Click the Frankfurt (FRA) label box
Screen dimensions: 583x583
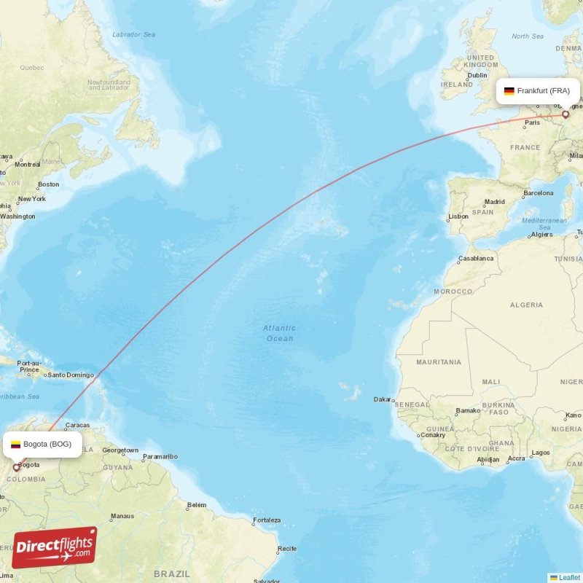pos(538,91)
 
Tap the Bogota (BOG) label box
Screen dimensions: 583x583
pos(42,444)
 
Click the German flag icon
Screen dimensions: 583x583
pos(509,91)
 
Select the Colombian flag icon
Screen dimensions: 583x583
pos(15,444)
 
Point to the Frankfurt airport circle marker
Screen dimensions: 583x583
pos(566,114)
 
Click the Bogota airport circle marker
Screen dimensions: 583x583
pos(16,467)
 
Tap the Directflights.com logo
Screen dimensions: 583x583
pos(55,547)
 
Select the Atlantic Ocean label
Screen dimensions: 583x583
pos(279,333)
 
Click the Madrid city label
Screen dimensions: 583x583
pos(495,202)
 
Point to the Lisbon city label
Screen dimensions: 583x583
pos(458,216)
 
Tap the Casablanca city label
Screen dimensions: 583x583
pos(476,258)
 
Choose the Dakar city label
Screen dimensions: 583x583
pos(382,399)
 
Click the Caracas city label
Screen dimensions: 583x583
pos(77,425)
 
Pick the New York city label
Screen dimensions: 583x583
pos(31,199)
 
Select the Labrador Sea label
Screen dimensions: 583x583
pos(134,34)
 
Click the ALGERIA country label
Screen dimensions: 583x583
pos(526,305)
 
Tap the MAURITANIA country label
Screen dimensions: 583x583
pos(439,361)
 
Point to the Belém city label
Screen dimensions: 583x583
pos(197,505)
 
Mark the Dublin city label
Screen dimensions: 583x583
pos(477,75)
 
